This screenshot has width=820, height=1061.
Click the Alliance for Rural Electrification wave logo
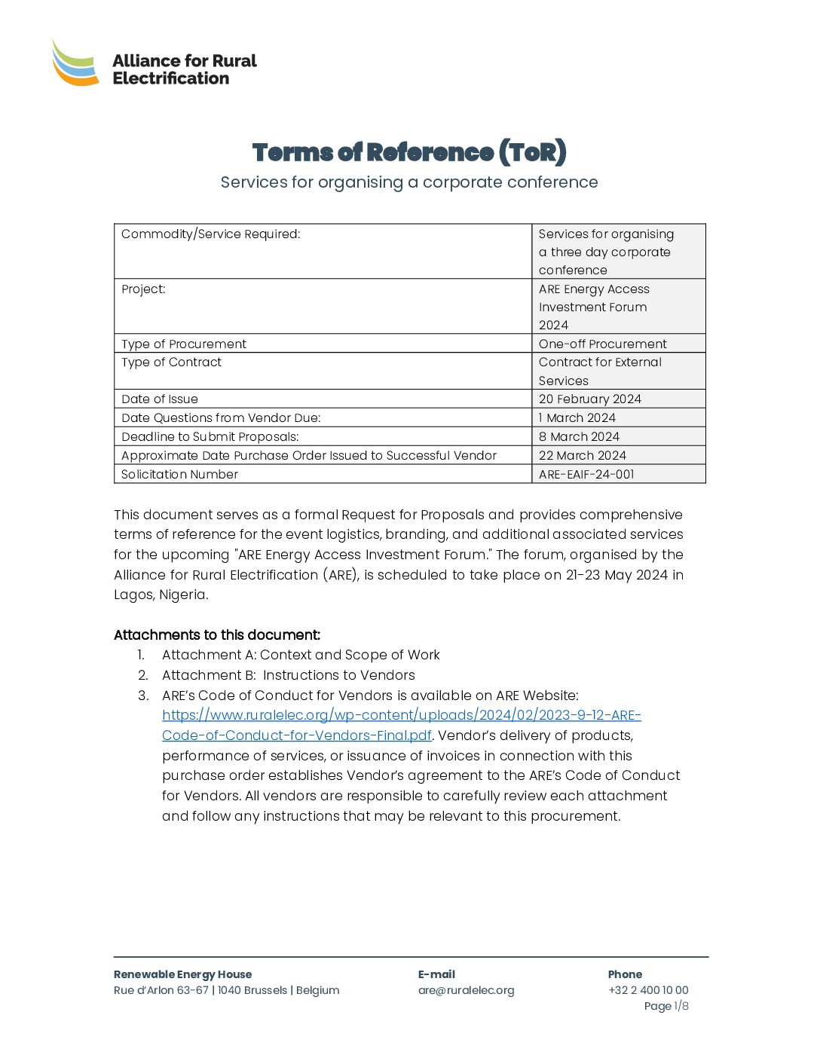coord(75,63)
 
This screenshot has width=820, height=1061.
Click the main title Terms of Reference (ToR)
coord(409,152)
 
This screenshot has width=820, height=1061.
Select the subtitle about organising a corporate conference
coord(409,182)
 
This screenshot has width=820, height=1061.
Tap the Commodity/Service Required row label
coord(211,234)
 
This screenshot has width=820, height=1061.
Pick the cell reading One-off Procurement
coord(602,344)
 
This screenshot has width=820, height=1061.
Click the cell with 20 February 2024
coord(589,399)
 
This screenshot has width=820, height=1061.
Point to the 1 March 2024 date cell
coord(577,417)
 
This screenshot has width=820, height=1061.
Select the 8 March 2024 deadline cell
coord(579,436)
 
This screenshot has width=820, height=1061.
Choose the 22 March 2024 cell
coord(582,455)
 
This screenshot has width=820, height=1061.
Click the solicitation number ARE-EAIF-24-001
coord(586,474)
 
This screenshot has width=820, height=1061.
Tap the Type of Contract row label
coord(172,362)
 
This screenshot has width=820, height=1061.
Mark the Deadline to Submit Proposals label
coord(210,436)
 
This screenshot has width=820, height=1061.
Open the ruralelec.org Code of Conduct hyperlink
coord(401,715)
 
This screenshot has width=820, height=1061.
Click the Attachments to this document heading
coord(217,635)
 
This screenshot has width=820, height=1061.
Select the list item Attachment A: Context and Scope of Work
coord(301,655)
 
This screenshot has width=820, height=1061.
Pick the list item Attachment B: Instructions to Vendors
coord(289,675)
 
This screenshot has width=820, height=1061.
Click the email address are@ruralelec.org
coord(466,990)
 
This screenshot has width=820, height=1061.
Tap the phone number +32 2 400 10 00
coord(648,990)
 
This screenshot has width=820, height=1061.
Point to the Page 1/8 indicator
coord(666,1006)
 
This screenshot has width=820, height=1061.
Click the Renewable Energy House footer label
coord(183,974)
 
